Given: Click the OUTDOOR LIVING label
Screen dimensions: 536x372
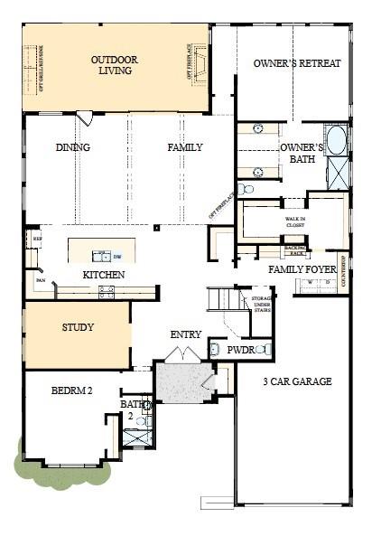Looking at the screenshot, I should pyautogui.click(x=116, y=65).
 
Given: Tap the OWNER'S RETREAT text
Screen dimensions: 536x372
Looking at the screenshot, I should pyautogui.click(x=297, y=63).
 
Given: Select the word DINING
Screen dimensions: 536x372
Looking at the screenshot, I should pyautogui.click(x=72, y=147).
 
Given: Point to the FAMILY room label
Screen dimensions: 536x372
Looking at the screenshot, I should pyautogui.click(x=184, y=147).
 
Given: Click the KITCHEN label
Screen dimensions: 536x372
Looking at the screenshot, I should pyautogui.click(x=104, y=275).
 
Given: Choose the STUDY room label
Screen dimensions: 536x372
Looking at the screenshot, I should pyautogui.click(x=78, y=327).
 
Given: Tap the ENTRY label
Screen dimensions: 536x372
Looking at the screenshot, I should pyautogui.click(x=186, y=335).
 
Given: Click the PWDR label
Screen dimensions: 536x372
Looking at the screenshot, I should pyautogui.click(x=240, y=349).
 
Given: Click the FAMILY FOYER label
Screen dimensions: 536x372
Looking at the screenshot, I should pyautogui.click(x=302, y=269).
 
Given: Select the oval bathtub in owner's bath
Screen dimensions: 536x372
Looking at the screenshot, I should pyautogui.click(x=336, y=141).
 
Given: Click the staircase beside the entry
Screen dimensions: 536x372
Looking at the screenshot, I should pyautogui.click(x=222, y=298).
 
